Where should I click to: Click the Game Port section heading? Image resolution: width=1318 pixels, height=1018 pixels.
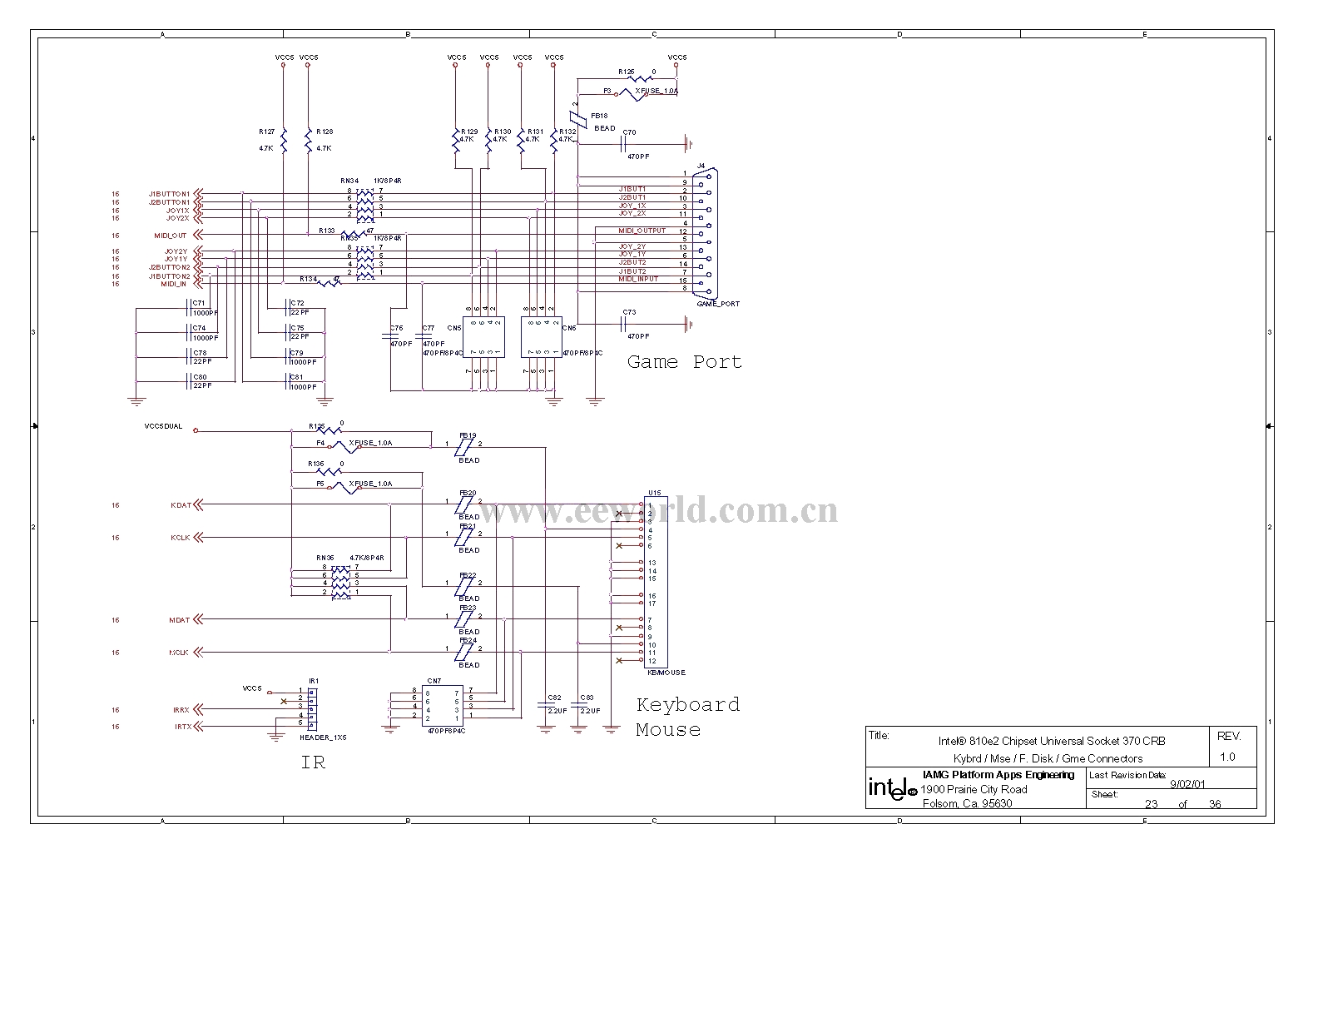point(684,362)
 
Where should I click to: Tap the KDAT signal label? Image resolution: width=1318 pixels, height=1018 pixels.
point(181,505)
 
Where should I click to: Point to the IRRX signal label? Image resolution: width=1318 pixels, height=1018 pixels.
point(181,710)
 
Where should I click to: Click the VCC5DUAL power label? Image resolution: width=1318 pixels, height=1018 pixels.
point(163,426)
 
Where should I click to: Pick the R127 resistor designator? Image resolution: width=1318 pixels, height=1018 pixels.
point(266,132)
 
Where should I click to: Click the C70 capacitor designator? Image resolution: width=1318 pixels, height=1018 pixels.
point(629,132)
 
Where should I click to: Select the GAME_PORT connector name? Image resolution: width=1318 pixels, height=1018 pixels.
point(718,304)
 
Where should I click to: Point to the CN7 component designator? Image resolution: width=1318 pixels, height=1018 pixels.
point(434,681)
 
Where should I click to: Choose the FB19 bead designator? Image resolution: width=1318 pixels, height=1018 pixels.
point(468,435)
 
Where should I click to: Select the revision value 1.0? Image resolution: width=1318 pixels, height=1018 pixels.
point(1227,757)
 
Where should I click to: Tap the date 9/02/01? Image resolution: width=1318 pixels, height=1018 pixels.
point(1188,783)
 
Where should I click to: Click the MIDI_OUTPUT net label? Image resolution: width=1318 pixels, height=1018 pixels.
point(642,231)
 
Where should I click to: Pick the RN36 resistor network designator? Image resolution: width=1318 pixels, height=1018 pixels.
point(325,559)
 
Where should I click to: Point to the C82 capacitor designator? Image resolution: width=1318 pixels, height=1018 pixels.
point(554,698)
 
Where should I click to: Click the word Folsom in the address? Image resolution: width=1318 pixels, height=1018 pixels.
point(940,803)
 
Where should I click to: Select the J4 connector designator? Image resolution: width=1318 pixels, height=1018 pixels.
point(700,166)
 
